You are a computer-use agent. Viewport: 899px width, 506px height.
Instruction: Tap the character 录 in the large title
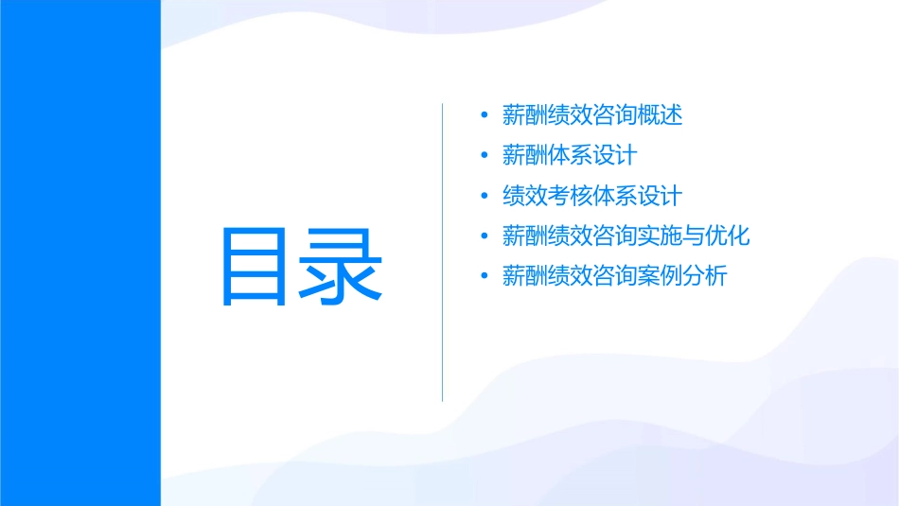pos(343,267)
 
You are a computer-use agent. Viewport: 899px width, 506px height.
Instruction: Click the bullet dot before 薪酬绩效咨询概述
pos(485,115)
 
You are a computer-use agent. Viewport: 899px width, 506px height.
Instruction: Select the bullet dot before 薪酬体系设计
pos(485,155)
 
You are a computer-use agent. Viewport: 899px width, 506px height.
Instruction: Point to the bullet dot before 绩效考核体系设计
pos(485,196)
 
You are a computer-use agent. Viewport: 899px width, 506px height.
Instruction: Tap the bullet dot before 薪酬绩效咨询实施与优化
pos(485,236)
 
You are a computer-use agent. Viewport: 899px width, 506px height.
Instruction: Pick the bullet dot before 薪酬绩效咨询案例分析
pos(485,276)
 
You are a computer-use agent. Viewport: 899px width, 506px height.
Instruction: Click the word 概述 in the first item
pos(661,115)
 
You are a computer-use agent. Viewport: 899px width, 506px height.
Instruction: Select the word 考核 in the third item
pos(570,196)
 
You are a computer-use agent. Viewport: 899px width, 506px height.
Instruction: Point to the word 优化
pos(728,236)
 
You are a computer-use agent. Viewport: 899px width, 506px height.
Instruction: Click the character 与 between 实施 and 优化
pos(694,236)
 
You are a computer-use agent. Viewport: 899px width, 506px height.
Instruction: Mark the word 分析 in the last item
pos(705,276)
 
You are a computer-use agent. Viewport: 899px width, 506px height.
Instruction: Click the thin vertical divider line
pos(443,253)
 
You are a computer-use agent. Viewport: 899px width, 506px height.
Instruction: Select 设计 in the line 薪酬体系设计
pos(615,155)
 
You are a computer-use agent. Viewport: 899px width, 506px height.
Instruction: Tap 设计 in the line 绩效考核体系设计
pos(661,196)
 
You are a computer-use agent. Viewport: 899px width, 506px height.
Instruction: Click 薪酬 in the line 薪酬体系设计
pos(524,155)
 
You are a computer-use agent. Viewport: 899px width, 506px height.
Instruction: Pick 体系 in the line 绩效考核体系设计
pos(615,196)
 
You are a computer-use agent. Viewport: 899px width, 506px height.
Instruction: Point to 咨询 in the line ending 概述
pos(615,115)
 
